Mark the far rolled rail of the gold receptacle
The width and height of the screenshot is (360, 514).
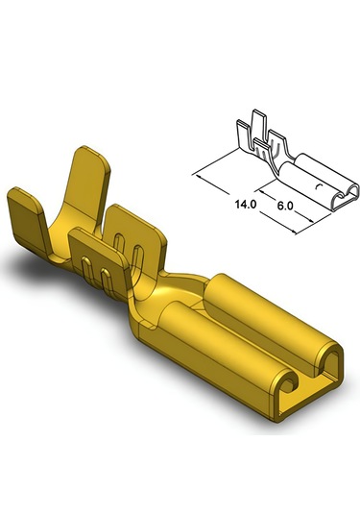pos(254,307)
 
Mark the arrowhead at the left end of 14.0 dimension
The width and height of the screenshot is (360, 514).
pos(196,176)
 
